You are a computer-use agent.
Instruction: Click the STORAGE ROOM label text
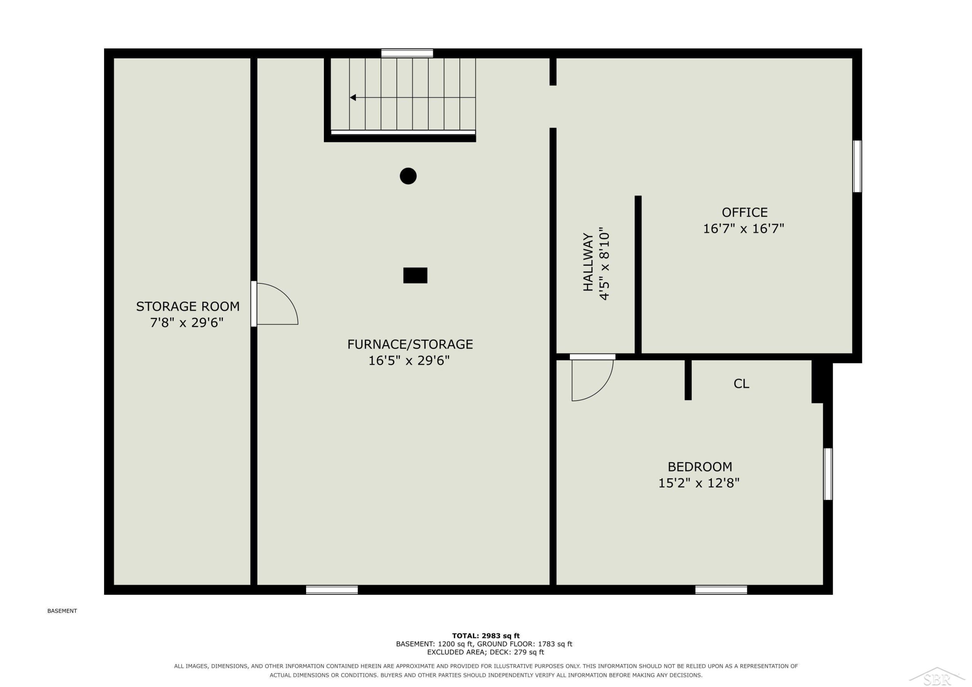[x=188, y=306]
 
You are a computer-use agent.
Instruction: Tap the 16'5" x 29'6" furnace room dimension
[x=409, y=361]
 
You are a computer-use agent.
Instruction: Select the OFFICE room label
[x=745, y=212]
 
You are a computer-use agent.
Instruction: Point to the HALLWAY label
[x=588, y=262]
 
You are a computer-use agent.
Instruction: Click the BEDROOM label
[x=700, y=467]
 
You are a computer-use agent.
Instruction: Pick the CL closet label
[x=741, y=383]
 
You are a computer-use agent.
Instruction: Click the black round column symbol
[x=408, y=176]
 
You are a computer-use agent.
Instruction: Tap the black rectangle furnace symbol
[x=415, y=275]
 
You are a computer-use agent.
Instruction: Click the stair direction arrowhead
[x=353, y=98]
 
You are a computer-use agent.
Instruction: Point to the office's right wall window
[x=857, y=166]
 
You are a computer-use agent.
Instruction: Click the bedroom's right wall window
[x=828, y=474]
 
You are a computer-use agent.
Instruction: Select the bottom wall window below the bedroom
[x=721, y=589]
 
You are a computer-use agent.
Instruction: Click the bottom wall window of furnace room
[x=332, y=589]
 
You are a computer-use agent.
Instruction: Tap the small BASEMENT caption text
[x=62, y=611]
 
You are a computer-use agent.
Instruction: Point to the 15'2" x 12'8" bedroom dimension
[x=699, y=483]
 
